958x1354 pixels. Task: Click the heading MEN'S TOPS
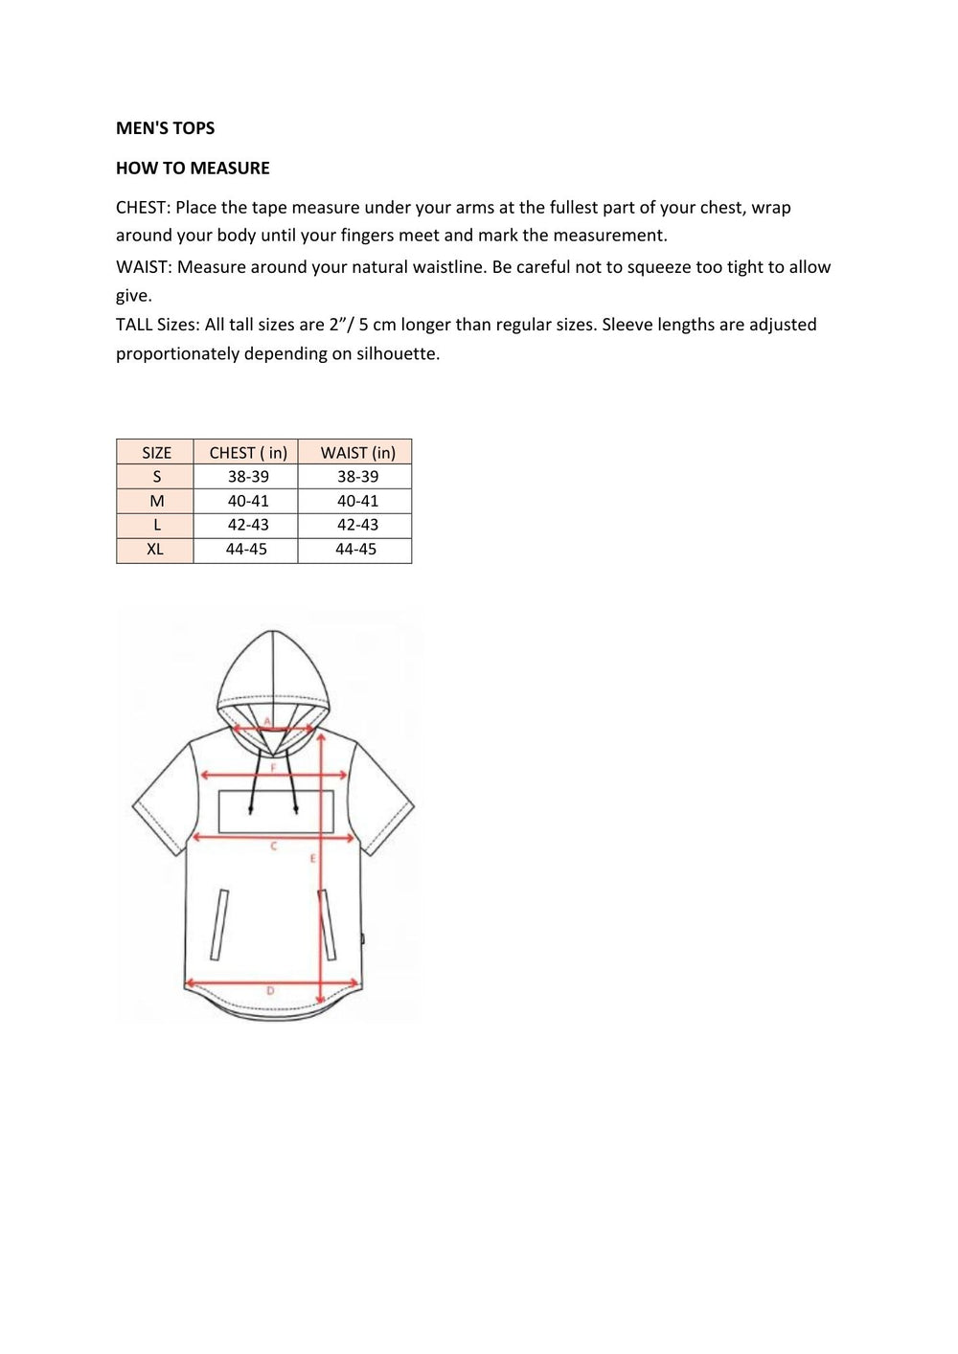pyautogui.click(x=165, y=128)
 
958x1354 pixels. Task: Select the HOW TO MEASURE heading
pyautogui.click(x=193, y=169)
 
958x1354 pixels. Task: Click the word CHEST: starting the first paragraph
pyautogui.click(x=143, y=208)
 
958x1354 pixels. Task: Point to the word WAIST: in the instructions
pyautogui.click(x=144, y=267)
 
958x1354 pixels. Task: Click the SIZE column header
pyautogui.click(x=156, y=453)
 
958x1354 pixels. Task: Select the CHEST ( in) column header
pyautogui.click(x=247, y=453)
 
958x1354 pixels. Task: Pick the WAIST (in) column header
pyautogui.click(x=357, y=453)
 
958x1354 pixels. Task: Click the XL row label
pyautogui.click(x=155, y=550)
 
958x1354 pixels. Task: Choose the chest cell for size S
pyautogui.click(x=248, y=477)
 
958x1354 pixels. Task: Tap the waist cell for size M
pyautogui.click(x=357, y=501)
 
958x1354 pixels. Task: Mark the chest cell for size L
pyautogui.click(x=248, y=525)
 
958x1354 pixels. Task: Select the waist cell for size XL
pyautogui.click(x=355, y=550)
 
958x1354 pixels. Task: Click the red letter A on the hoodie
pyautogui.click(x=267, y=721)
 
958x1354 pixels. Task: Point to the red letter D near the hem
pyautogui.click(x=270, y=991)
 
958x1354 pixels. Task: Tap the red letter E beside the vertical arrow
pyautogui.click(x=312, y=859)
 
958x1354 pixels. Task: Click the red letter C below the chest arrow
pyautogui.click(x=274, y=846)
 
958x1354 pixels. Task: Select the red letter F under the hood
pyautogui.click(x=273, y=768)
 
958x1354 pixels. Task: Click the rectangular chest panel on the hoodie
pyautogui.click(x=276, y=812)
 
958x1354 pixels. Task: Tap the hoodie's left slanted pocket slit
pyautogui.click(x=219, y=924)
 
